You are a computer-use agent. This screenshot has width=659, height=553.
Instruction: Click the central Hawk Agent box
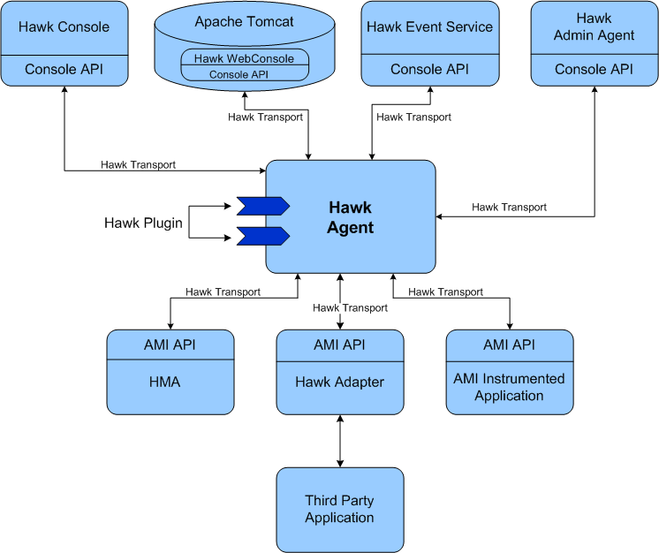(351, 217)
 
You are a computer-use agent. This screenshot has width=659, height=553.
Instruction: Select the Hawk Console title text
(64, 27)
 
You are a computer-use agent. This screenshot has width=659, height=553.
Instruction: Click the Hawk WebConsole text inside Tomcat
(245, 58)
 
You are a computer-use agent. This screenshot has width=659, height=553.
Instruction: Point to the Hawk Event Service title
(429, 27)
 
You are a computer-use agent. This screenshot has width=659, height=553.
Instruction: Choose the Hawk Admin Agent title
(594, 27)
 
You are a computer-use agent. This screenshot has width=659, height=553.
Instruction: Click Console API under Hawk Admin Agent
(594, 69)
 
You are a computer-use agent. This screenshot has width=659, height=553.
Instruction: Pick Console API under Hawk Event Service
(429, 69)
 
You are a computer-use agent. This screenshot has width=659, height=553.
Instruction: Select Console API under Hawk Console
(64, 69)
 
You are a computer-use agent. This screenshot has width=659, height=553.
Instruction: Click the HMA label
(170, 383)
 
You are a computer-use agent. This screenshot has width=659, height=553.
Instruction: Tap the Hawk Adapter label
(340, 383)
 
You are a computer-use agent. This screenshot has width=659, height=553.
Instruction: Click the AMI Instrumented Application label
(510, 387)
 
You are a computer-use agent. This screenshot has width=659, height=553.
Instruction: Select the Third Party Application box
(340, 510)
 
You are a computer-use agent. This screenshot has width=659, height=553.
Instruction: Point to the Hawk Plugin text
(143, 223)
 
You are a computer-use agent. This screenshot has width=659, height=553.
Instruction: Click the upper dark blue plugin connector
(262, 206)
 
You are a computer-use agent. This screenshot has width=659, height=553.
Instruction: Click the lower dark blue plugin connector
(262, 236)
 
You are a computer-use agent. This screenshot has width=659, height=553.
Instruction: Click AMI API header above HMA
(170, 345)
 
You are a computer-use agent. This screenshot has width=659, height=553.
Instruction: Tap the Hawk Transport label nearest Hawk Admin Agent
(509, 207)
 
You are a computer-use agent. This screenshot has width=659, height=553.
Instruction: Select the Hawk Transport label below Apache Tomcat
(265, 117)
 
